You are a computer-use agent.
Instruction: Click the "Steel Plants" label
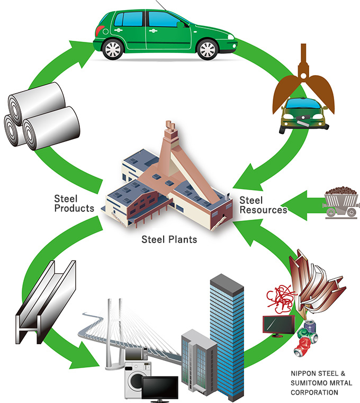pyautogui.click(x=169, y=239)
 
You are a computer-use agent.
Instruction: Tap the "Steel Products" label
pyautogui.click(x=74, y=203)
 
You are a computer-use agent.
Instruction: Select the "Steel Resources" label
pyautogui.click(x=263, y=205)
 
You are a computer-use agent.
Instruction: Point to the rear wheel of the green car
pyautogui.click(x=113, y=49)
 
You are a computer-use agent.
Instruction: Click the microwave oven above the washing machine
pyautogui.click(x=137, y=354)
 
